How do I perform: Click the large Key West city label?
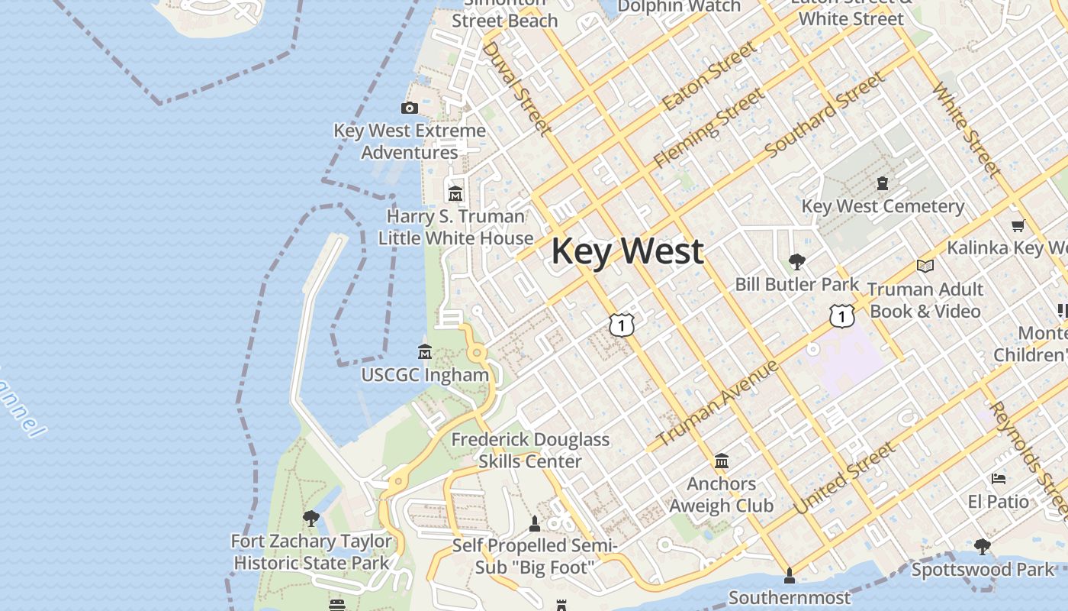click(x=627, y=251)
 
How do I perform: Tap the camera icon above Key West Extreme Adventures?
click(x=410, y=108)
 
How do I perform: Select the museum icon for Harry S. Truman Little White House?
click(x=455, y=193)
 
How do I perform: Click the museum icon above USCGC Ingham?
click(x=425, y=351)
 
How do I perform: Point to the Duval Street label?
click(x=516, y=88)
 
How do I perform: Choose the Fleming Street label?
click(x=709, y=128)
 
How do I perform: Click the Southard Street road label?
click(x=825, y=115)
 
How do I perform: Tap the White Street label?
click(x=966, y=128)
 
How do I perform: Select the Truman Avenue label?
click(x=717, y=402)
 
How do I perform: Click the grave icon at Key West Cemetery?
click(x=883, y=183)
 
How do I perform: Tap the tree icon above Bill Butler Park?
click(x=797, y=262)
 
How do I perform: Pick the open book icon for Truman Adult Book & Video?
click(x=925, y=266)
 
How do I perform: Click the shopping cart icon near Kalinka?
click(x=1018, y=225)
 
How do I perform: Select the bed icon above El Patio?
click(x=999, y=479)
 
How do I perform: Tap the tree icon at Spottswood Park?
click(x=983, y=547)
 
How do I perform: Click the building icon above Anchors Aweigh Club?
click(x=722, y=461)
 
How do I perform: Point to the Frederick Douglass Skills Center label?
click(x=530, y=451)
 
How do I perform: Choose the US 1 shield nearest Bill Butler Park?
click(x=841, y=315)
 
